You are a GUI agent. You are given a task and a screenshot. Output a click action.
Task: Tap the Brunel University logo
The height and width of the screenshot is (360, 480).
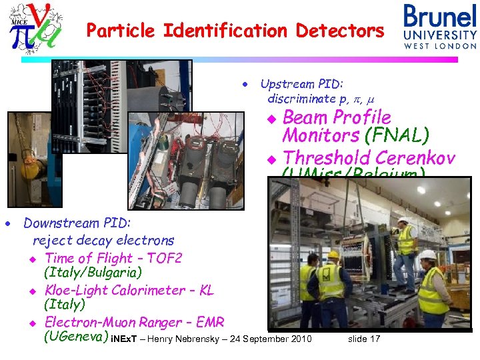click(x=439, y=26)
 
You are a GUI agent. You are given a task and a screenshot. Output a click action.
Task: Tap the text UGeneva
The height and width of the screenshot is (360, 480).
click(x=74, y=337)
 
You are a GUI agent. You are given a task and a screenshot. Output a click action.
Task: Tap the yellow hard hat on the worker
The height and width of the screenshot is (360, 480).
click(x=333, y=255)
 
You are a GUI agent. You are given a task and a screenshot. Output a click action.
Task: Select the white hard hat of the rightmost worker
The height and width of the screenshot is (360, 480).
click(x=427, y=255)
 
